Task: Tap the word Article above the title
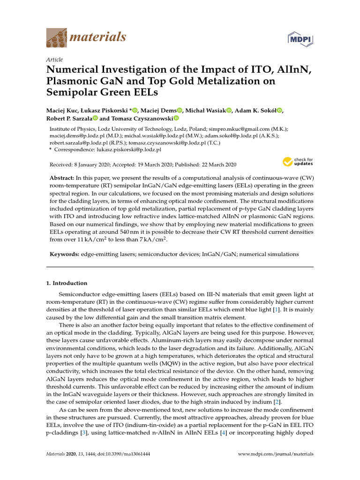54,60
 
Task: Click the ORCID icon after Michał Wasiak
230,110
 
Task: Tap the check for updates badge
298,163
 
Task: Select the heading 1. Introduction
66,283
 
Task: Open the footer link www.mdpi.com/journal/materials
276,454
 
